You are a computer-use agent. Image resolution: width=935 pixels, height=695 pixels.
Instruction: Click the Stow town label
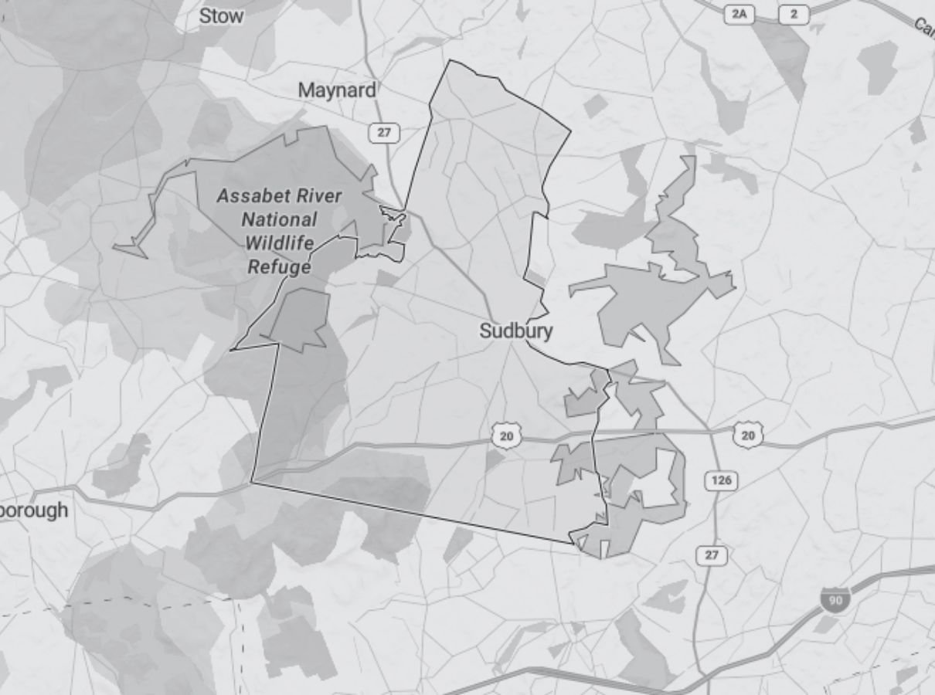[221, 15]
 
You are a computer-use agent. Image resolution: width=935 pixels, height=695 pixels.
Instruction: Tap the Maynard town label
[338, 90]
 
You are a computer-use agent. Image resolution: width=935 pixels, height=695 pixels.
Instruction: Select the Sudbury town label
[516, 331]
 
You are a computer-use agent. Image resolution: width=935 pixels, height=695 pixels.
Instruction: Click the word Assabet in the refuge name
[246, 195]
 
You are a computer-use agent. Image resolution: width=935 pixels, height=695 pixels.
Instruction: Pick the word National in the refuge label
[279, 219]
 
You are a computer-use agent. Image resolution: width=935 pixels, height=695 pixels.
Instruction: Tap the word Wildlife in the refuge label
[279, 243]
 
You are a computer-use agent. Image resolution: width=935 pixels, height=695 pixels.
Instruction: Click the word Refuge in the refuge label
[279, 267]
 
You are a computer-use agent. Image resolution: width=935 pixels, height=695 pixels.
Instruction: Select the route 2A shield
[739, 15]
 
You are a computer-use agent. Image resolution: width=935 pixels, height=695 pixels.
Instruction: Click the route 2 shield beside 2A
[793, 15]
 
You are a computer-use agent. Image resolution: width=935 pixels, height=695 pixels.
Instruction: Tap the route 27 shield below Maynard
[384, 132]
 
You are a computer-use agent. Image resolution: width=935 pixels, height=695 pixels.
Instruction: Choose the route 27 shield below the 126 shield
[712, 554]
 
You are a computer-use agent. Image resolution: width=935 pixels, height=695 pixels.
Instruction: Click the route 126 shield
[721, 480]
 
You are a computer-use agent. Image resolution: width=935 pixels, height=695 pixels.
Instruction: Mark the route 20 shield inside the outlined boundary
[506, 436]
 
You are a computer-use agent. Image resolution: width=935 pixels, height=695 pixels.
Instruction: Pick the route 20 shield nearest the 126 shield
[747, 436]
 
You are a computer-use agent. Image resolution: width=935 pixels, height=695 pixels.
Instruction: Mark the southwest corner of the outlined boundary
[252, 483]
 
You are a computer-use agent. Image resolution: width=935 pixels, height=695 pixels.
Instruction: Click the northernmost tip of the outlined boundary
[450, 60]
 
